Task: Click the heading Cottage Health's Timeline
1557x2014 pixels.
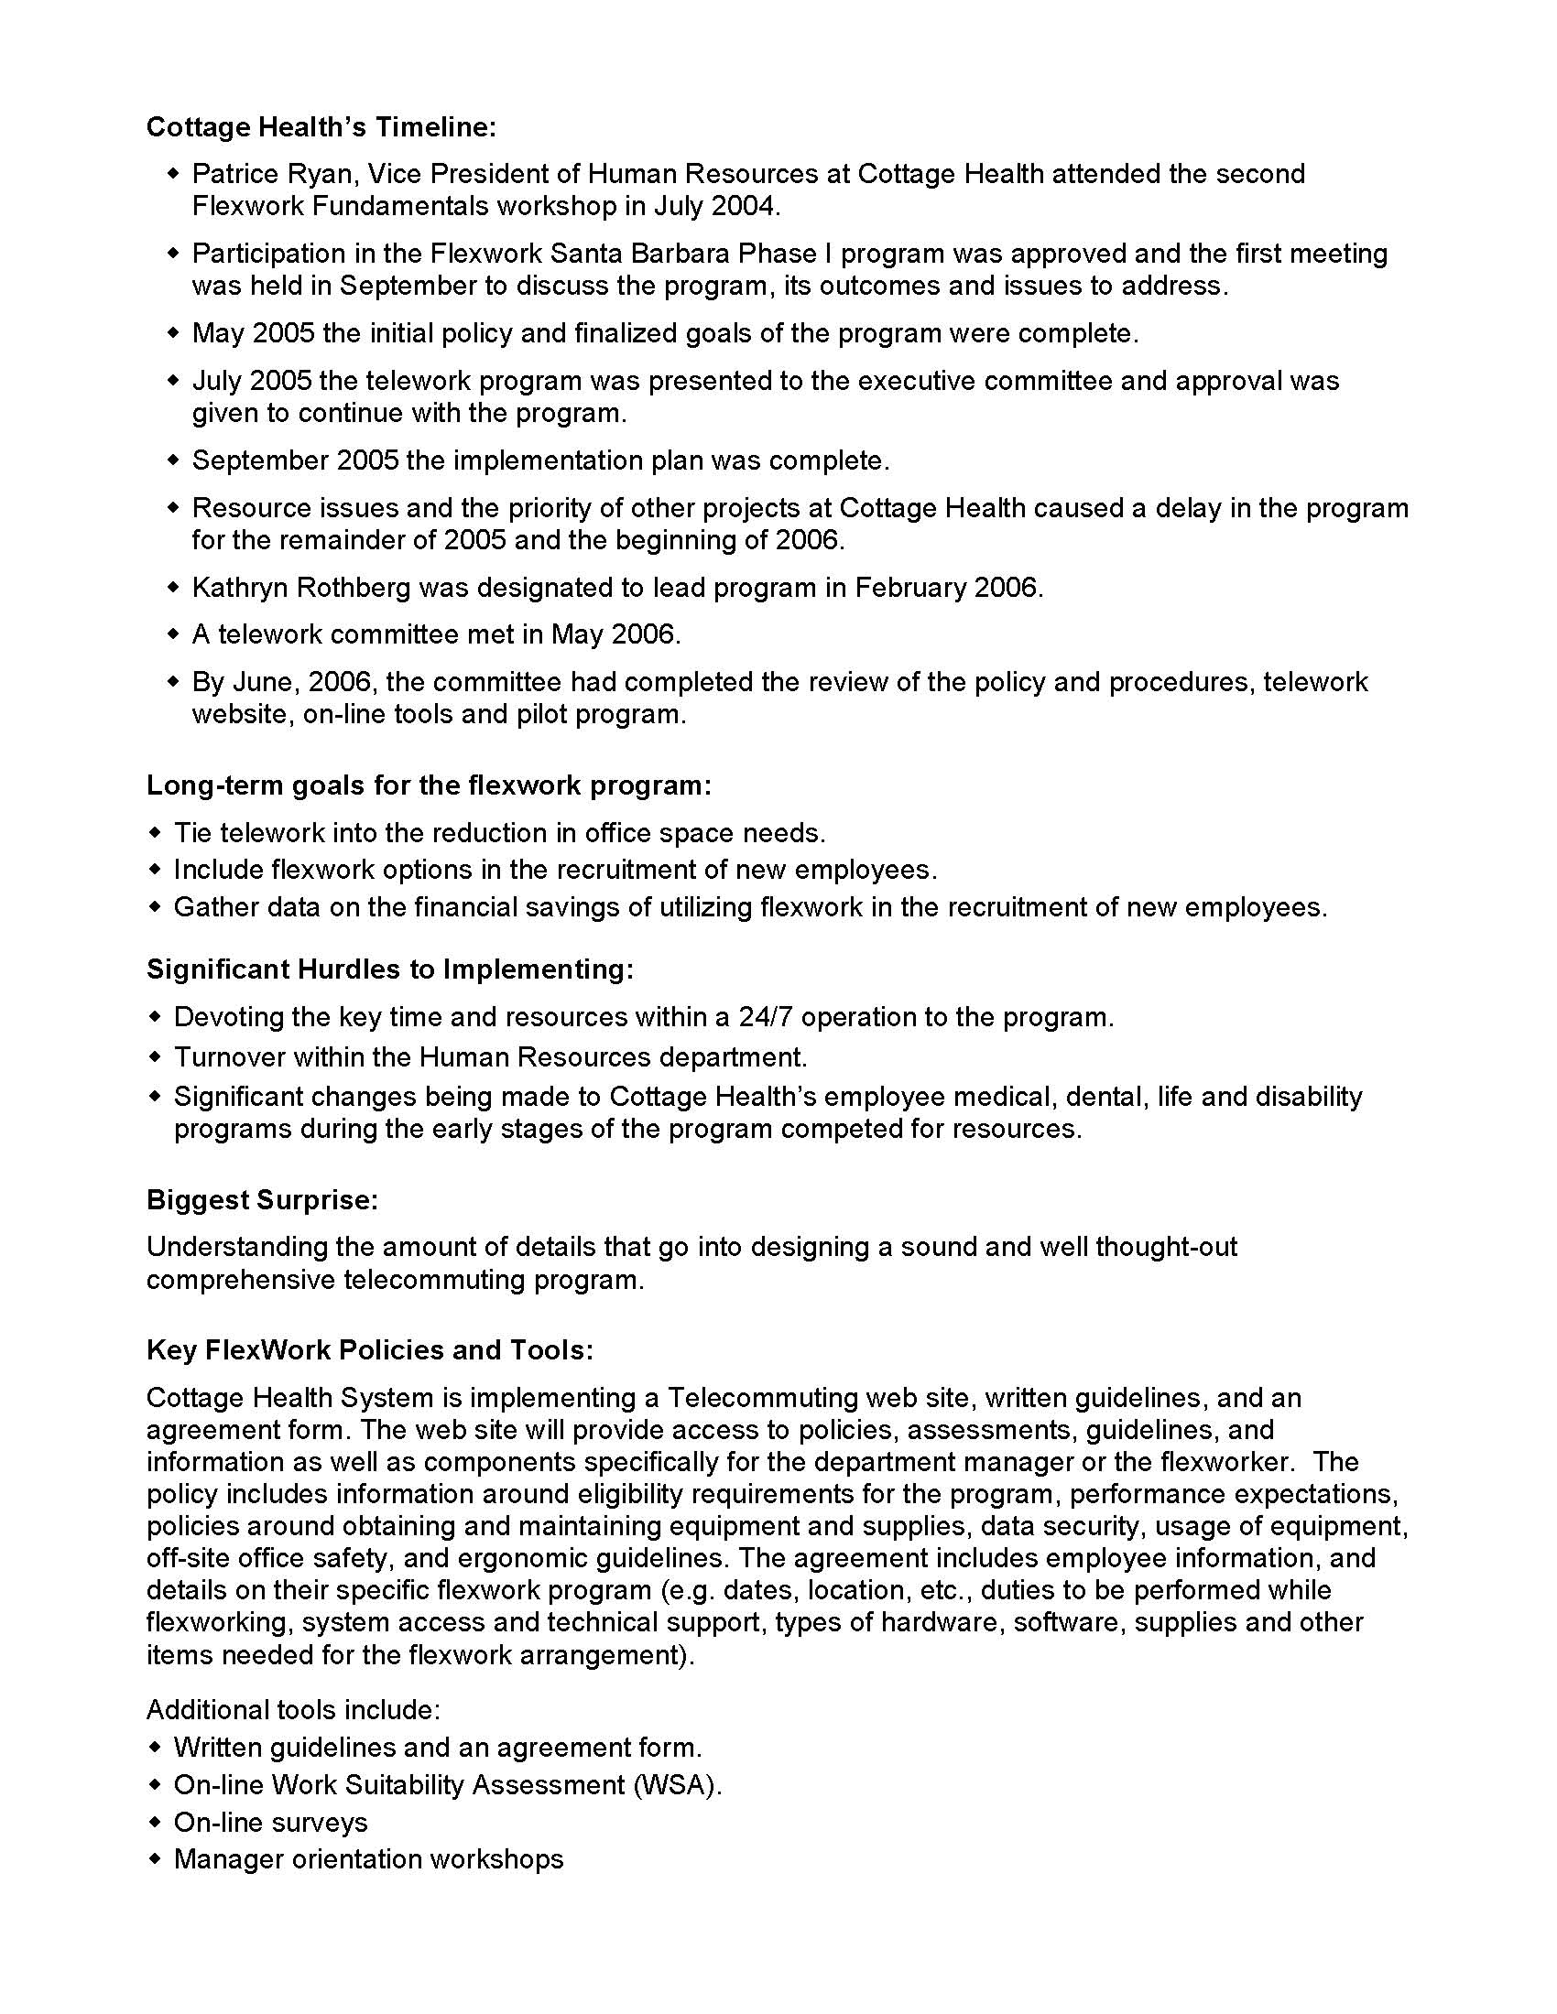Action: [321, 127]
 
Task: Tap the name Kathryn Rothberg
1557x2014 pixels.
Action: [300, 588]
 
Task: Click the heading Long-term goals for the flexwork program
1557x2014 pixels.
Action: [429, 785]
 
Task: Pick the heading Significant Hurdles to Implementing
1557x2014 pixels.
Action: [390, 969]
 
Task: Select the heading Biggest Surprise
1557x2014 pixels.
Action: [262, 1200]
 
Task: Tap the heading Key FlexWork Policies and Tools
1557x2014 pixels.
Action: [370, 1350]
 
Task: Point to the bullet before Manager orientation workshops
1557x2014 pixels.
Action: [154, 1859]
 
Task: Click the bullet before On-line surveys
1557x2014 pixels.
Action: [154, 1822]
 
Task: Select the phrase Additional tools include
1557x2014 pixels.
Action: [293, 1710]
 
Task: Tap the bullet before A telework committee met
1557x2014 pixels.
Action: [172, 634]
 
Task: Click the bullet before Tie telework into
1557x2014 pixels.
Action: [154, 833]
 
